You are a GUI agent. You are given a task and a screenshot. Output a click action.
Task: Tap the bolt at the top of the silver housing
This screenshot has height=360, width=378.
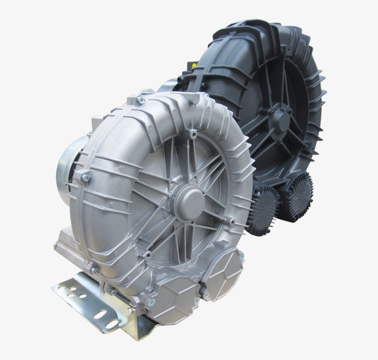click(141, 100)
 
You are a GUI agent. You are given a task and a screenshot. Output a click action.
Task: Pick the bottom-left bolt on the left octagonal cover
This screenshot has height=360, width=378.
click(151, 302)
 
